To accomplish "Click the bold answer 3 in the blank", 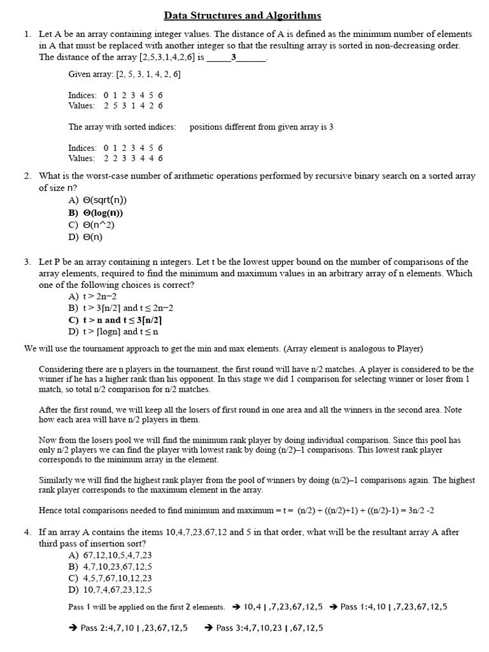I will (234, 57).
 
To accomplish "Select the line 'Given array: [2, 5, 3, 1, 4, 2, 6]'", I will (124, 74).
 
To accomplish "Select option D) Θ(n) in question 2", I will (85, 236).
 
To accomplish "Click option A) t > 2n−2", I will (92, 297).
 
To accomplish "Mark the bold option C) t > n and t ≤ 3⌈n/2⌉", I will (115, 320).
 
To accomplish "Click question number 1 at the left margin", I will (27, 34).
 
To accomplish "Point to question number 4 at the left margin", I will (27, 532).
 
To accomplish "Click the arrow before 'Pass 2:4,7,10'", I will (73, 628).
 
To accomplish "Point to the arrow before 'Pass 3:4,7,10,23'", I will (209, 628).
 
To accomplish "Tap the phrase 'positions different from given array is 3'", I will (261, 127).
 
